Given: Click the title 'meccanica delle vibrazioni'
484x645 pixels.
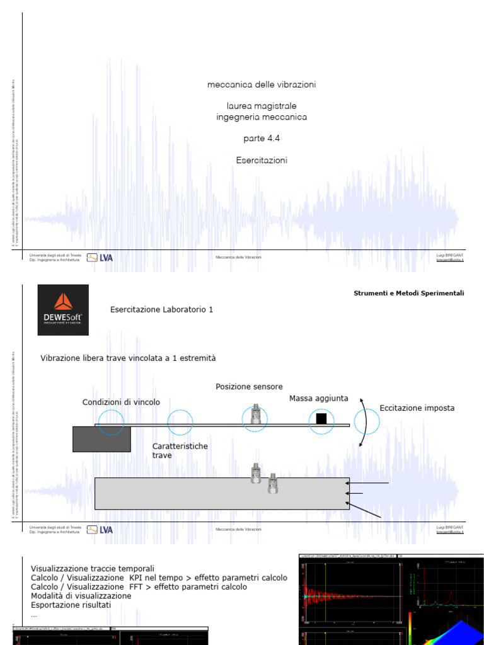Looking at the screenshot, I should click(x=262, y=84).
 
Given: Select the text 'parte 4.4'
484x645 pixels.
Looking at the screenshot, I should click(x=262, y=139).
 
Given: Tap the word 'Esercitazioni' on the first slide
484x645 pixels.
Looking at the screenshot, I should click(x=262, y=161).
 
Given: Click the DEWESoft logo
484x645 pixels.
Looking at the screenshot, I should click(x=63, y=309).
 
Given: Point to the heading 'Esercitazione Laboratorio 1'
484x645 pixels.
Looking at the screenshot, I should click(x=161, y=309).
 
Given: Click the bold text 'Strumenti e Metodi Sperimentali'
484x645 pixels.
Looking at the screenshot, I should click(x=409, y=293).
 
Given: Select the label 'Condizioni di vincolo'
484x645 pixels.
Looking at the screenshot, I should click(x=121, y=402).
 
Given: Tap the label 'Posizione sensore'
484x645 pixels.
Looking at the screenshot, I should click(x=249, y=387).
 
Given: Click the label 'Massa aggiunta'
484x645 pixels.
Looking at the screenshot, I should click(x=318, y=398).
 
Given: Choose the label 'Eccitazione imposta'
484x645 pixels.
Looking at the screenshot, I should click(x=417, y=408).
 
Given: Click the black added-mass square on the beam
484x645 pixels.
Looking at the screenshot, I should click(x=321, y=418).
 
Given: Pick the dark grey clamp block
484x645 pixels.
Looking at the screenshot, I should click(x=101, y=438).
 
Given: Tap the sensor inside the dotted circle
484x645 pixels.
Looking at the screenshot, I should click(x=255, y=414).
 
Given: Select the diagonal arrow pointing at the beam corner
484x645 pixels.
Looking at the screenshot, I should click(x=367, y=511).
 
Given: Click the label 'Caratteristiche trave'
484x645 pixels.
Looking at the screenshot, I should click(x=180, y=450).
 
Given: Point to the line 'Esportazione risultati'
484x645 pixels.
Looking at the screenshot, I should click(x=71, y=605).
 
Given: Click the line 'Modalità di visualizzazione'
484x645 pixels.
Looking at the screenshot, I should click(x=81, y=596).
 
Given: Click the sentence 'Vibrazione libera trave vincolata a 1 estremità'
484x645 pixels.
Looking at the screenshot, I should click(x=128, y=358).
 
